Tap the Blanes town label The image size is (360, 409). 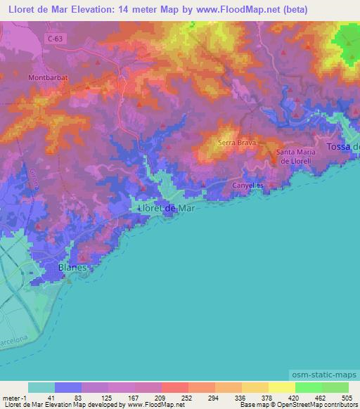point(73,268)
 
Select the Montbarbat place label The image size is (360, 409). point(47,77)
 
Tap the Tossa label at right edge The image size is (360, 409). point(343,146)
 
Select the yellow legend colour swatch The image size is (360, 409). point(255,387)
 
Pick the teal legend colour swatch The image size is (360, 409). point(41,387)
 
